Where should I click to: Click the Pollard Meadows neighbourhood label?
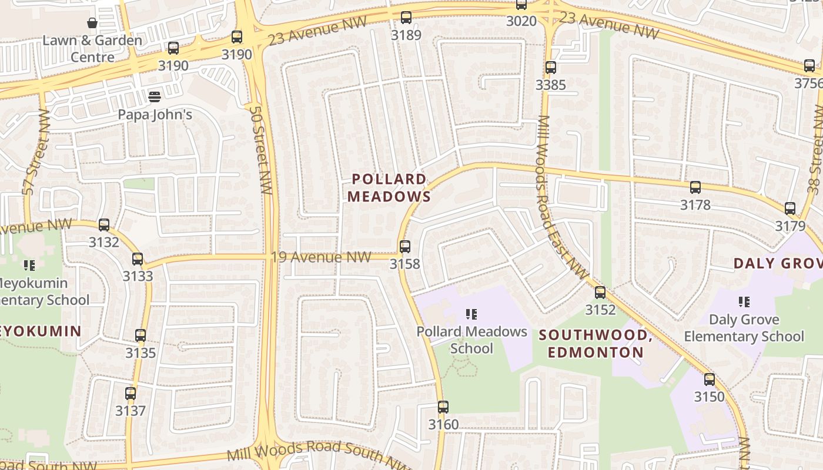[x=389, y=188]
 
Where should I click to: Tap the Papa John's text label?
[x=155, y=115]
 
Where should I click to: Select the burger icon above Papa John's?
[x=155, y=96]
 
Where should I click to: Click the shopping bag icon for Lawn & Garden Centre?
[x=92, y=23]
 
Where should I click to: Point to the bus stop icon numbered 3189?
[x=406, y=18]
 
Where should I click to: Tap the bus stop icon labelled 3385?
[x=551, y=68]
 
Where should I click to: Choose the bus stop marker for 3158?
[x=405, y=247]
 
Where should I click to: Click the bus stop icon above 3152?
[x=600, y=292]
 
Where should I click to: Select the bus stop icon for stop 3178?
[x=695, y=188]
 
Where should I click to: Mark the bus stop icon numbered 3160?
[x=443, y=407]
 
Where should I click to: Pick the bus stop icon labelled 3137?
[x=131, y=394]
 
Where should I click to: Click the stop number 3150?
[x=710, y=397]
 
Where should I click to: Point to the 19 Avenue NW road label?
[x=321, y=257]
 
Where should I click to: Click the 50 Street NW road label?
[x=259, y=150]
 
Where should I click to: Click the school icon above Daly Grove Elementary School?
[x=744, y=302]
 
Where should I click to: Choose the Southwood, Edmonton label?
[x=596, y=344]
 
